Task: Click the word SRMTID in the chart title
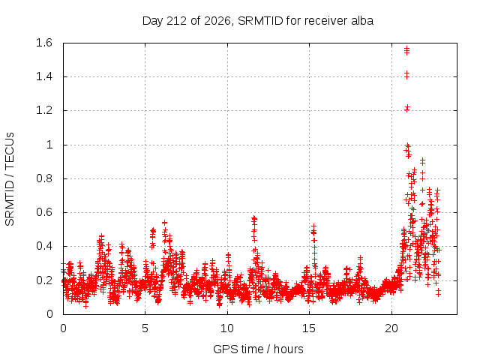coord(260,21)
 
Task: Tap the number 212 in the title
coord(176,21)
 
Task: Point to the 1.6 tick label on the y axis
coord(44,43)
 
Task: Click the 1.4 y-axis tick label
coord(44,76)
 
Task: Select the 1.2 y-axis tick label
coord(44,110)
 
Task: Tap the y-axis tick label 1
coord(49,145)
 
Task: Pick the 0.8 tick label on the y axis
coord(44,178)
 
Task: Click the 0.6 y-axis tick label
coord(44,212)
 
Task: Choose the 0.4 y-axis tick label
coord(44,246)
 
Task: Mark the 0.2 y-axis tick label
coord(44,280)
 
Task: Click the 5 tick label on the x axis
coord(145,328)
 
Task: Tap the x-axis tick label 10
coord(227,328)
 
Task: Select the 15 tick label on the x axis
coord(309,328)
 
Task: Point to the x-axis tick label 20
coord(391,328)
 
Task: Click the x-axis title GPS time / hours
coord(258,349)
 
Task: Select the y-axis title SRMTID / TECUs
coord(10,179)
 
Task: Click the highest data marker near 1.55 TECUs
coord(406,48)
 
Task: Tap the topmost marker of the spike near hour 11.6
coord(254,218)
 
